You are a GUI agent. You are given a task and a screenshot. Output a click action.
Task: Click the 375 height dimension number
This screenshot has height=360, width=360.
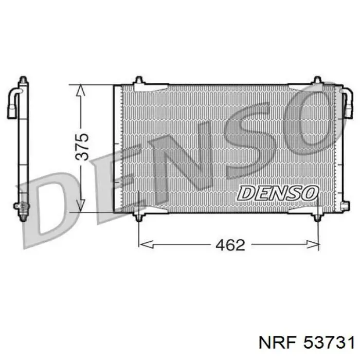click(x=82, y=147)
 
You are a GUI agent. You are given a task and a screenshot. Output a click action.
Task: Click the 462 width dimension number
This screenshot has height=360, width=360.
click(x=230, y=245)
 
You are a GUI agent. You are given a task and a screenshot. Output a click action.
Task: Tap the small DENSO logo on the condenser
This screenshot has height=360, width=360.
click(x=278, y=193)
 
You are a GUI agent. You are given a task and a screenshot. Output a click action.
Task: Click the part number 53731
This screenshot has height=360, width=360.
click(x=329, y=343)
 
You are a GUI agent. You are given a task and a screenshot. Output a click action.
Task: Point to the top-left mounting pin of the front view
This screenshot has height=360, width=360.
click(x=139, y=80)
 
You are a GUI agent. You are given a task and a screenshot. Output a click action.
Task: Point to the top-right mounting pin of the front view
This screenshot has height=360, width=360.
click(x=317, y=80)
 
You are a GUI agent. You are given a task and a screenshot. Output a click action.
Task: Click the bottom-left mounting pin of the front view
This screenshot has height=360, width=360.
click(x=139, y=217)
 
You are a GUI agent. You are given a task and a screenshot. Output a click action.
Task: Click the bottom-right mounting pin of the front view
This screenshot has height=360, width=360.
click(x=317, y=217)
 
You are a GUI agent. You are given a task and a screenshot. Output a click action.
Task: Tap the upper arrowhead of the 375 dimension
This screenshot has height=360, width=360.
click(x=80, y=89)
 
